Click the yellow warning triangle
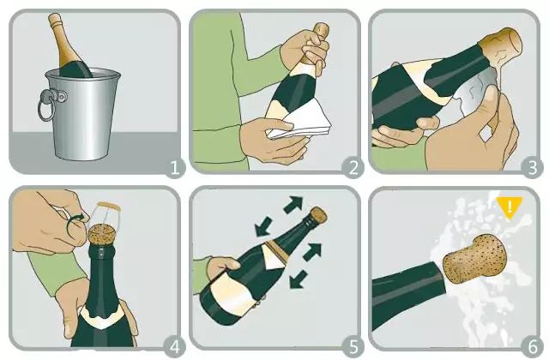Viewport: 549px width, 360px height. [x=510, y=207]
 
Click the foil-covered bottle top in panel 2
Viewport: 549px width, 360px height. [x=317, y=39]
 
